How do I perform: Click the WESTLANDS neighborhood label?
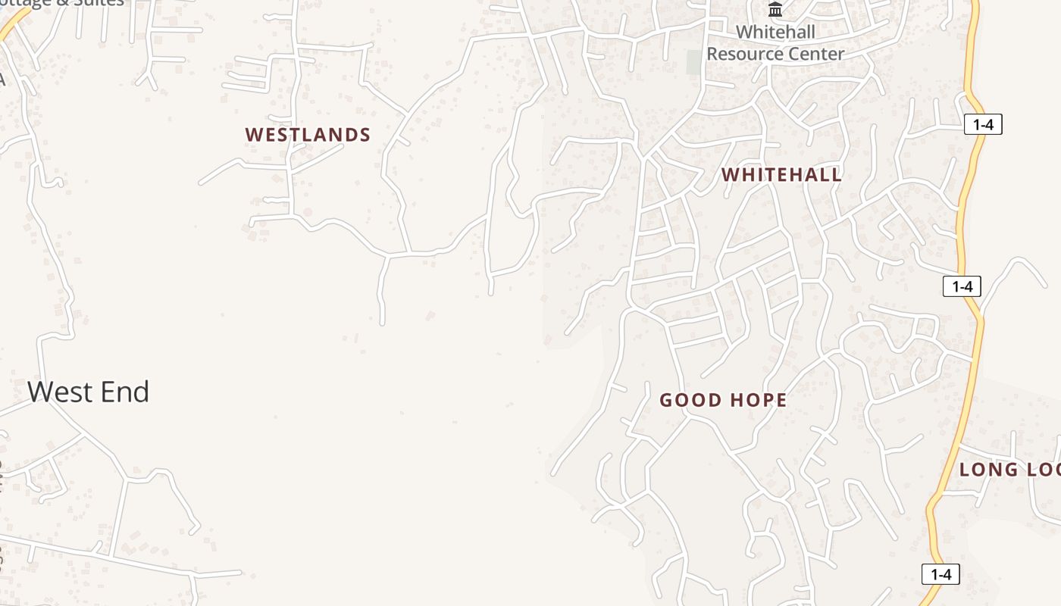[x=308, y=135]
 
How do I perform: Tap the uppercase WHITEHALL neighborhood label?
[x=781, y=175]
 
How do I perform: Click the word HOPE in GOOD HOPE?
[x=756, y=401]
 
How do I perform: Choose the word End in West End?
[x=126, y=392]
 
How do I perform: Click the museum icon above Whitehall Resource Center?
[x=775, y=10]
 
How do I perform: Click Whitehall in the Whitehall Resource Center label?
[x=775, y=32]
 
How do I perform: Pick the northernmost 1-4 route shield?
[x=983, y=125]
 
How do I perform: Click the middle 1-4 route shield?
[x=962, y=286]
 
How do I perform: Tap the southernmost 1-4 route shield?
[x=941, y=574]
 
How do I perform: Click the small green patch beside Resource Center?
[x=693, y=62]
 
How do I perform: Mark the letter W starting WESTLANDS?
[x=253, y=135]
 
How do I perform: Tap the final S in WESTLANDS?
[x=365, y=135]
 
